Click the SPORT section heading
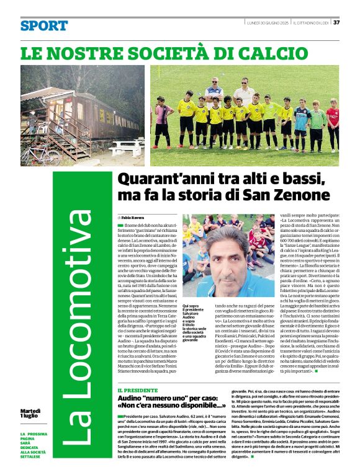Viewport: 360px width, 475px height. pyautogui.click(x=43, y=26)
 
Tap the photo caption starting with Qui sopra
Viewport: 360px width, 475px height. pyautogui.click(x=194, y=322)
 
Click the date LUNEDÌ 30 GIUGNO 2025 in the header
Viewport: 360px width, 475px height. pyautogui.click(x=267, y=22)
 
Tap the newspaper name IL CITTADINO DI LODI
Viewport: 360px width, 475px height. pyautogui.click(x=311, y=22)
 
